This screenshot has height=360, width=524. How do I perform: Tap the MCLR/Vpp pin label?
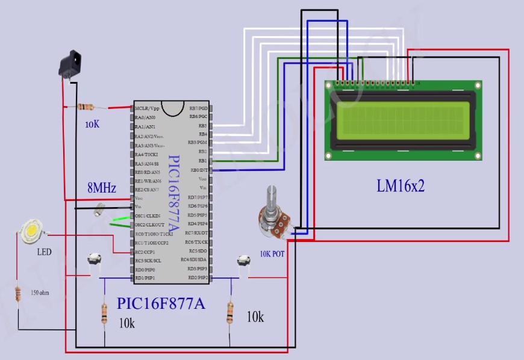tap(148, 108)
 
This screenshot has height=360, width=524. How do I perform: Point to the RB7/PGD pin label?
tap(198, 108)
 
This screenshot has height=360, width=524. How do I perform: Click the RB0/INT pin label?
tap(199, 170)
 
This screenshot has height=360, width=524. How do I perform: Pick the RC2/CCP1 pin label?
tap(146, 252)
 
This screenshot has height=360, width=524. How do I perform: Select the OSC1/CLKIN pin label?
tap(148, 216)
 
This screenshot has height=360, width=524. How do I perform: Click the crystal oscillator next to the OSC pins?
tap(100, 211)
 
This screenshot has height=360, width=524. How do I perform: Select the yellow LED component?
tap(31, 231)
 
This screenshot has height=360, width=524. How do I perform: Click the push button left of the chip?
tap(93, 259)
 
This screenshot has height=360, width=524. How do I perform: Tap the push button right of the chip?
tap(243, 260)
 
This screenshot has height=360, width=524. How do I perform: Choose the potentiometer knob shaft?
tap(270, 196)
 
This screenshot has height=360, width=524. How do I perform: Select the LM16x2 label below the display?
tap(401, 186)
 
